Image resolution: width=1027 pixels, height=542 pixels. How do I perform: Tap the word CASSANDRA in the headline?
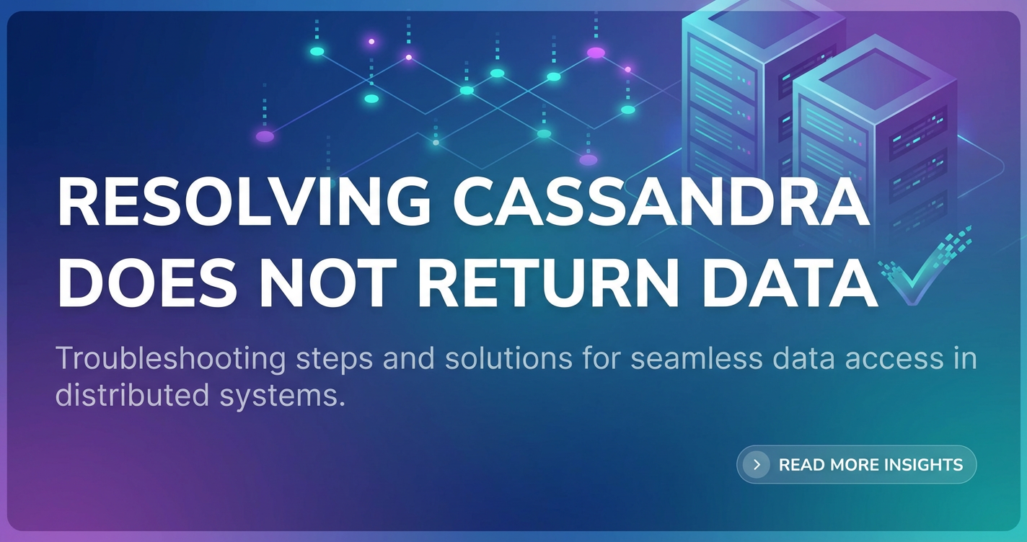point(661,203)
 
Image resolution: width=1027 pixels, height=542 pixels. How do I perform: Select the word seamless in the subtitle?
point(697,359)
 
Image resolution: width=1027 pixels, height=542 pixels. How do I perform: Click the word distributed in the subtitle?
point(132,396)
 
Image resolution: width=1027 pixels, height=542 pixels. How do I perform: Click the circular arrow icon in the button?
point(757,465)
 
